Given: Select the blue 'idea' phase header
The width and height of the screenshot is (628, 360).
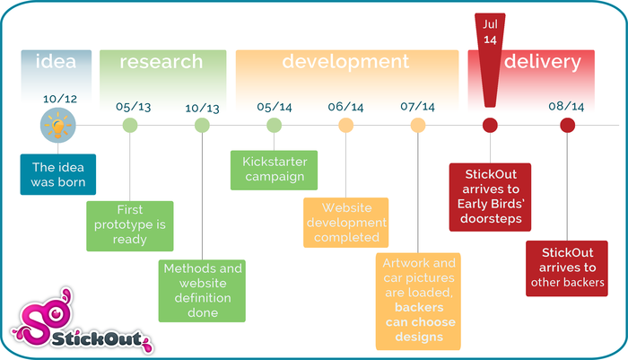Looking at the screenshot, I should pyautogui.click(x=56, y=63).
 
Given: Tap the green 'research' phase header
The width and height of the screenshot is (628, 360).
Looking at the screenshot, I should pyautogui.click(x=161, y=63).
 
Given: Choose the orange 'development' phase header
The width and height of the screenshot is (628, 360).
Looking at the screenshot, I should pyautogui.click(x=345, y=63).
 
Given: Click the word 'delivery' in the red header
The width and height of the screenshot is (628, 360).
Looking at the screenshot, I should pyautogui.click(x=542, y=63).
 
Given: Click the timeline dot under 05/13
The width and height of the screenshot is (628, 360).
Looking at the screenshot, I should pyautogui.click(x=130, y=126).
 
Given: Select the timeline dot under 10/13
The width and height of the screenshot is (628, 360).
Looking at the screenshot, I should pyautogui.click(x=203, y=126).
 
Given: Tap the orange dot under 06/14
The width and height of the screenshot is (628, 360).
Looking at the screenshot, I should pyautogui.click(x=346, y=126).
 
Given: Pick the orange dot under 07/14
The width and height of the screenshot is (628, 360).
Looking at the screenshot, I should pyautogui.click(x=418, y=126).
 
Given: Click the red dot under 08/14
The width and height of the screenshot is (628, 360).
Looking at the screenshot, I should pyautogui.click(x=567, y=126).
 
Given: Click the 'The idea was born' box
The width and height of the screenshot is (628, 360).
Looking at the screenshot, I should pyautogui.click(x=58, y=174).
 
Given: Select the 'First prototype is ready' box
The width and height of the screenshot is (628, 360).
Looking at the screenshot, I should pyautogui.click(x=130, y=225).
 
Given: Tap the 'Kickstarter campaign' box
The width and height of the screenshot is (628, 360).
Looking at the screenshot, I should pyautogui.click(x=274, y=169).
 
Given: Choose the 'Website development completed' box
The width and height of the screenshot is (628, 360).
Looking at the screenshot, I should pyautogui.click(x=345, y=222).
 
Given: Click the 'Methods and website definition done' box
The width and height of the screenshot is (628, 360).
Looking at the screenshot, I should pyautogui.click(x=202, y=291).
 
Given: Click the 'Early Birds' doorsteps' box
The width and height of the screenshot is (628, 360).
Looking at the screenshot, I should pyautogui.click(x=490, y=198).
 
